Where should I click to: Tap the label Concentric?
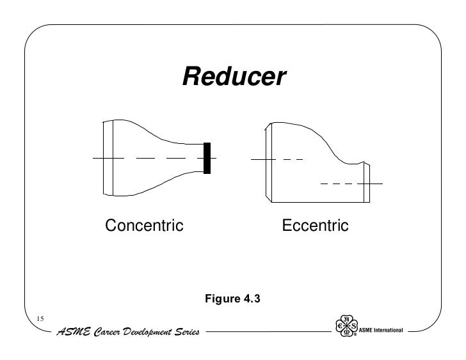pos(144,226)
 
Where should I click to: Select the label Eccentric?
pos(315,226)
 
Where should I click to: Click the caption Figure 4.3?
pos(233,297)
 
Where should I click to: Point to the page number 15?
pos(40,319)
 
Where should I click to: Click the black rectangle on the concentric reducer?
pos(207,158)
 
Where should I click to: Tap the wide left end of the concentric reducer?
pos(108,157)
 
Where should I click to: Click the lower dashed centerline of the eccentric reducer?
pos(339,184)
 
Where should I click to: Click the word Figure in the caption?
pos(221,297)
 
